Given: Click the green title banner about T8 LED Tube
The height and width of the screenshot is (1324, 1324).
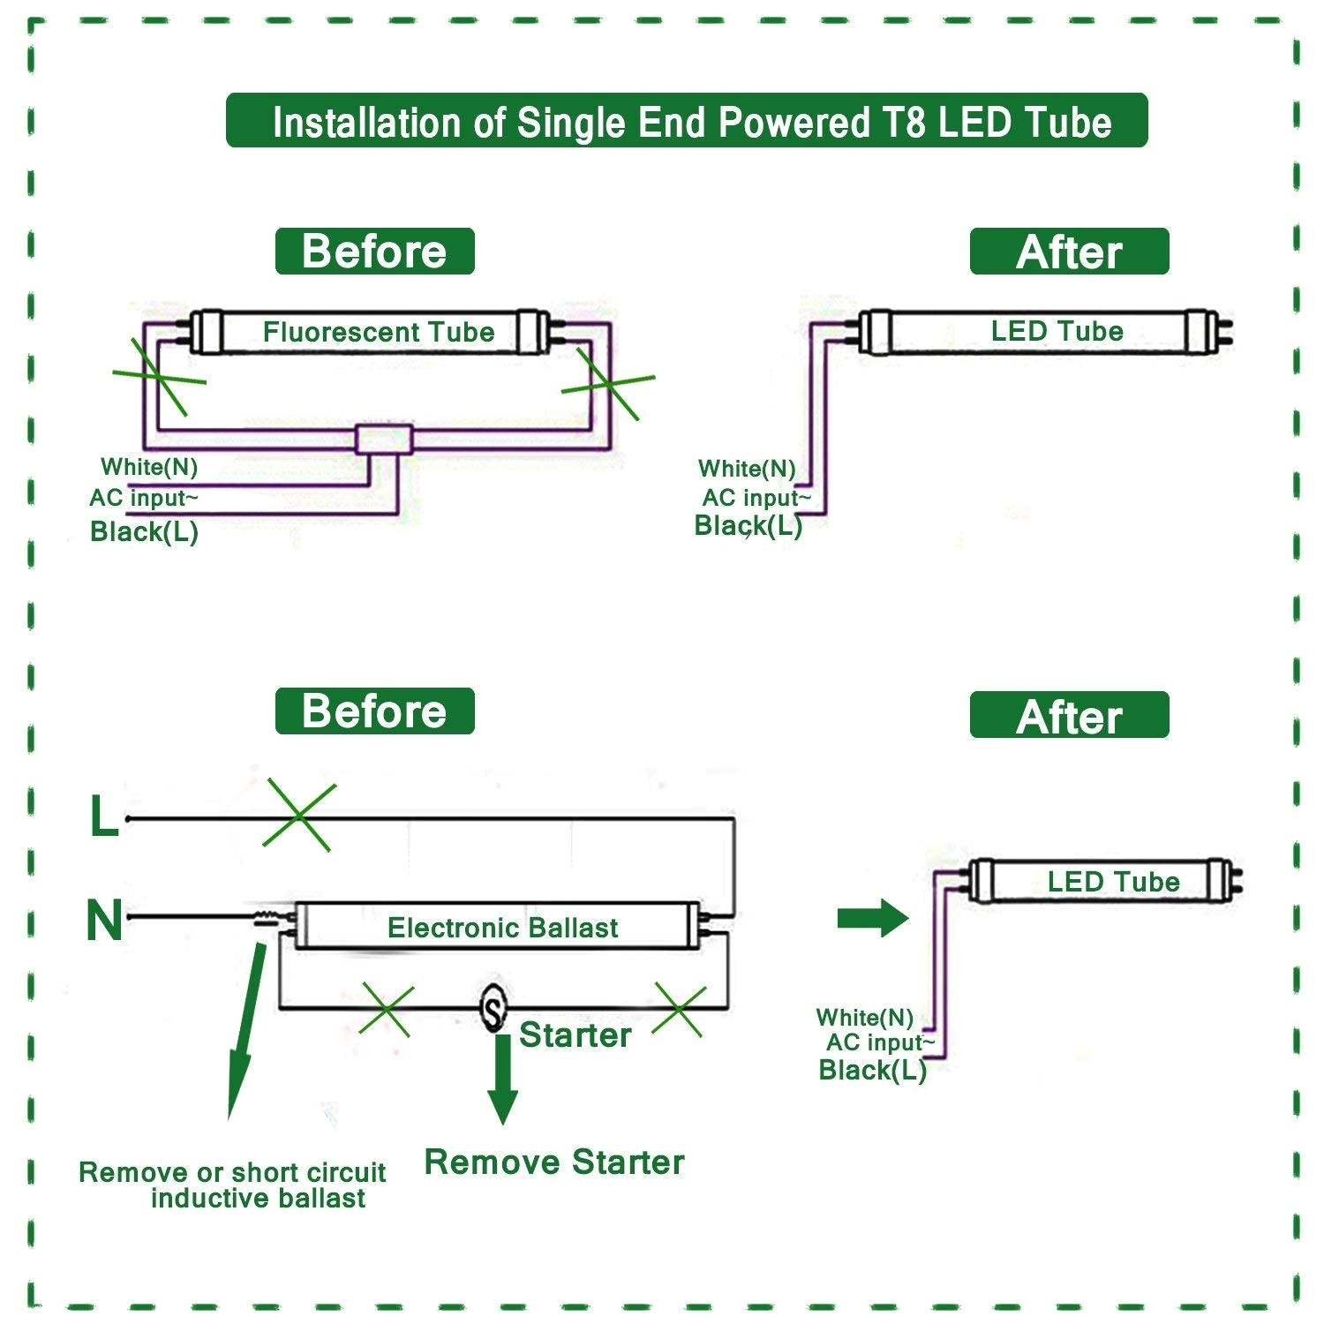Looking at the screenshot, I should point(687,121).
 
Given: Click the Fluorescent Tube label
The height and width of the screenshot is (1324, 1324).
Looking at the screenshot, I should point(378,332).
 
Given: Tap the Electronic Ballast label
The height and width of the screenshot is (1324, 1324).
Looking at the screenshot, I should point(502,928).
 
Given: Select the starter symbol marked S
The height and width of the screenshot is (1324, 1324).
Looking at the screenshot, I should point(493,1007).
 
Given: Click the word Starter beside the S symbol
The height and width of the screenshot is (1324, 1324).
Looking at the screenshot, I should point(575,1035).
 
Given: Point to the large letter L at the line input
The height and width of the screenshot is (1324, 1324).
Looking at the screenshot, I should point(103,817).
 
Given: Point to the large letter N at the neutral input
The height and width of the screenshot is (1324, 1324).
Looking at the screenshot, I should point(103,920).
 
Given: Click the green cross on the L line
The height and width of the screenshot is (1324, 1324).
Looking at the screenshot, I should point(299,816).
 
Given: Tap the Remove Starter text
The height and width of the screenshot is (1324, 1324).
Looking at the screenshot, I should point(553,1162).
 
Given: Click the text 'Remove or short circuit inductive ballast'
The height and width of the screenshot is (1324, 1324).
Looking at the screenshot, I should point(232,1185).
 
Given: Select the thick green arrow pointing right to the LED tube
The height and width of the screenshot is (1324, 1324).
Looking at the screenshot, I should point(871,918).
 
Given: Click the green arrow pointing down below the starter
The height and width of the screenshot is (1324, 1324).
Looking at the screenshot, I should point(502,1079).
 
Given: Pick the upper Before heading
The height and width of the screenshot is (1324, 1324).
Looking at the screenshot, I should point(374,252).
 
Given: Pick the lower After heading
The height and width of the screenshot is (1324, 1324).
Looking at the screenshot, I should point(1069,716).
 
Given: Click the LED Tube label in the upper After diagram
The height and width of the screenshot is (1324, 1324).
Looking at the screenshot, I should point(1057,331).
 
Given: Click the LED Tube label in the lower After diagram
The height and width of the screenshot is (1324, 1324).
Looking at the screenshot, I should point(1112,881).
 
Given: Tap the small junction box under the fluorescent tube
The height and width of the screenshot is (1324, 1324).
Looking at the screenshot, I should point(384,439).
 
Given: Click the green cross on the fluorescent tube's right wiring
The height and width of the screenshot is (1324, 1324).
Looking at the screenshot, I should point(608,383).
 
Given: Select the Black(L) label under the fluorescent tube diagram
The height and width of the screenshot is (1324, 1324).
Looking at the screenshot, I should point(144,531).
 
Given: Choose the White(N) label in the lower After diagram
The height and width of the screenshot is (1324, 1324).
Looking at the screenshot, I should point(864,1018).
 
